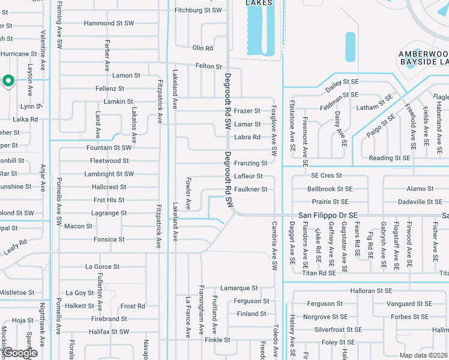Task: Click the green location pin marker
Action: [x=8, y=80]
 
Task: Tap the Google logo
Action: [x=19, y=353]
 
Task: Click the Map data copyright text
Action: [x=424, y=355]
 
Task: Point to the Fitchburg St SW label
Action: [x=198, y=10]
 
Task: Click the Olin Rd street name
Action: [x=203, y=48]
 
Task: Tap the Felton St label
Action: [x=208, y=66]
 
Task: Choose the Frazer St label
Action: [x=247, y=111]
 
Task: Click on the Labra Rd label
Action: [x=247, y=137]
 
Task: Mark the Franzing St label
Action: [x=250, y=163]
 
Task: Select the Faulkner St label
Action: [x=250, y=189]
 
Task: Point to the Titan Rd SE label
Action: [x=319, y=273]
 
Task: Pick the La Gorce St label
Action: [x=102, y=266]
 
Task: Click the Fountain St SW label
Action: [x=109, y=148]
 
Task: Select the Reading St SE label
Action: [x=390, y=158]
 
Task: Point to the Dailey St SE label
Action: [x=342, y=82]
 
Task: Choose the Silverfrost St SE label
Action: [x=338, y=329]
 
